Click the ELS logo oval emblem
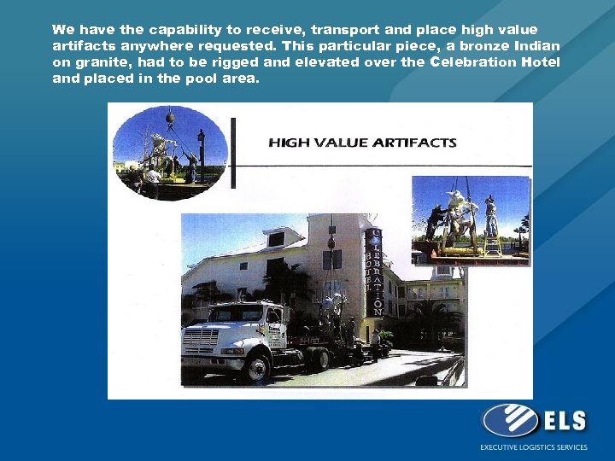(509, 421)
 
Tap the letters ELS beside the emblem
(563, 420)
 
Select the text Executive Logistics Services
(533, 447)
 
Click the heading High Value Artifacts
(362, 143)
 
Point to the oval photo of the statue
(170, 150)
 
